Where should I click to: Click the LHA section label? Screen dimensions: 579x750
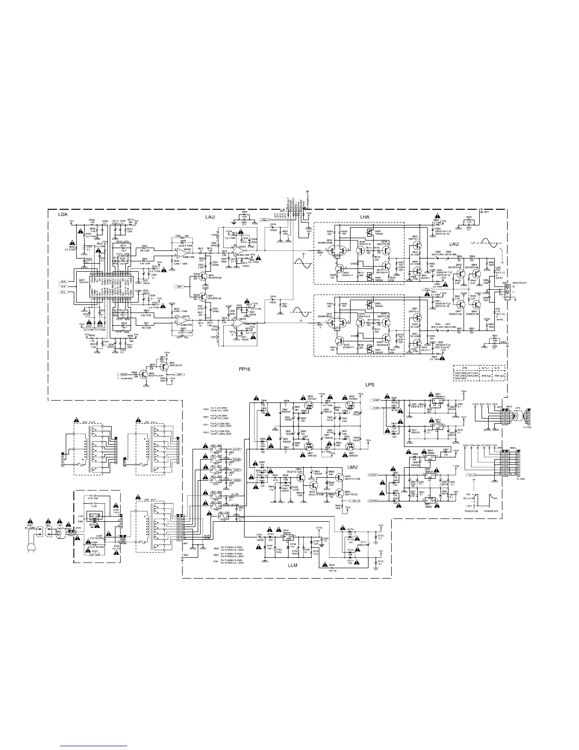click(x=364, y=217)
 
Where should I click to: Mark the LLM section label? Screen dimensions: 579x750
click(x=294, y=565)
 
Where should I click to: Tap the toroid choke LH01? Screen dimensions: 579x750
click(x=60, y=532)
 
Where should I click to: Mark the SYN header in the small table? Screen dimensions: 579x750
click(x=465, y=368)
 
